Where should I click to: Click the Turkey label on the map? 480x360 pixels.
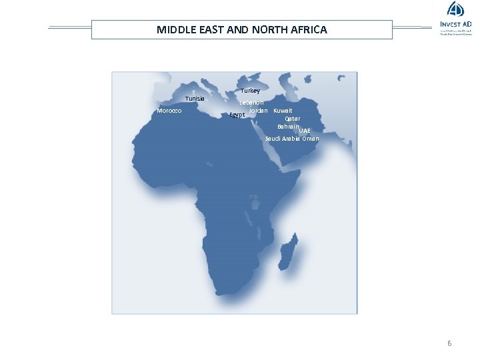click(x=251, y=91)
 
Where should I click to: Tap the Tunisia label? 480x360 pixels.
click(x=195, y=99)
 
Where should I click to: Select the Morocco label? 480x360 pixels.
click(x=169, y=111)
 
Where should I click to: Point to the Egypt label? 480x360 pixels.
click(x=237, y=115)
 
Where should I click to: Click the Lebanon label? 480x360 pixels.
click(x=253, y=103)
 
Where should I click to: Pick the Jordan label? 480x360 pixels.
click(x=259, y=110)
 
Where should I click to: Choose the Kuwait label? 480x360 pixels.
click(x=283, y=110)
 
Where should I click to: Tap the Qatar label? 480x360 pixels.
click(x=292, y=119)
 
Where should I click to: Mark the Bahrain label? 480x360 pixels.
click(x=288, y=126)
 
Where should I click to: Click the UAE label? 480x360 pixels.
click(x=305, y=131)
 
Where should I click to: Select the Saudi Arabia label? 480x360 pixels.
click(x=282, y=139)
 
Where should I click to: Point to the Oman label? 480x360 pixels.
click(x=311, y=139)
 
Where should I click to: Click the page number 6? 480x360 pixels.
click(x=449, y=343)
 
